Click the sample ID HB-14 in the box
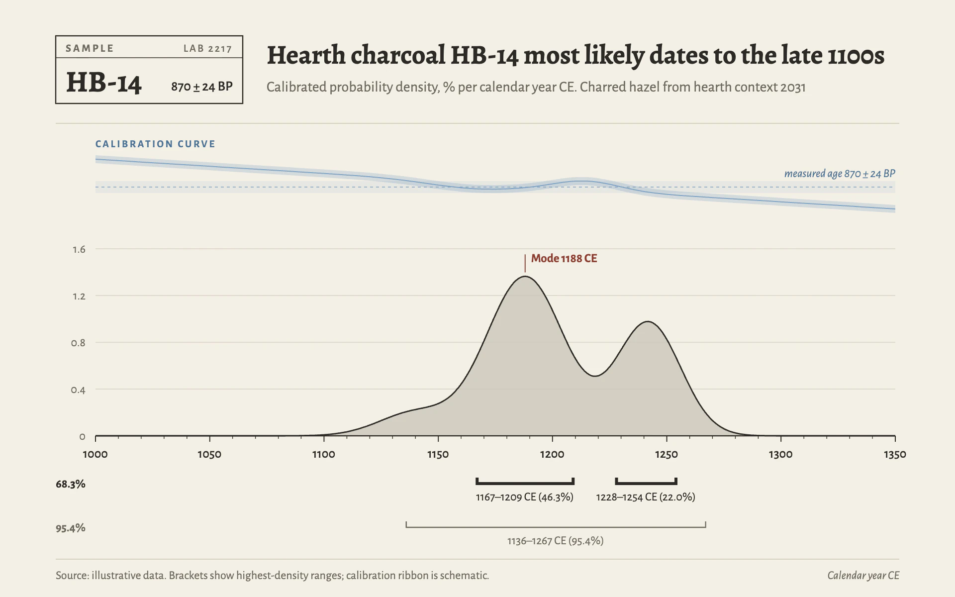tap(104, 83)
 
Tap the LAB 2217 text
tap(207, 48)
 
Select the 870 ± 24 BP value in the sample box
tap(202, 87)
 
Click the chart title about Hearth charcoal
tap(575, 55)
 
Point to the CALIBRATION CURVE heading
tap(156, 144)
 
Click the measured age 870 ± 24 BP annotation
tap(840, 174)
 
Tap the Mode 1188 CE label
tap(564, 258)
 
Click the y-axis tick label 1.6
tap(79, 249)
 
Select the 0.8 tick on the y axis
tap(78, 343)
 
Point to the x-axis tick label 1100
tap(324, 454)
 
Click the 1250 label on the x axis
tap(667, 454)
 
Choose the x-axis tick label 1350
tap(895, 454)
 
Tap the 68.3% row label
tap(71, 484)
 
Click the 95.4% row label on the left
tap(71, 528)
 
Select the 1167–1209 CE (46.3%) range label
tap(525, 497)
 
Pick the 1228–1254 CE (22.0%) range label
tap(646, 497)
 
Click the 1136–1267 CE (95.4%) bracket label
tap(556, 541)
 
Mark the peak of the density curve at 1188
tap(525, 277)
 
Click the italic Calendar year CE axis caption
tap(863, 576)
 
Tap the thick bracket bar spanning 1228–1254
tap(646, 483)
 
